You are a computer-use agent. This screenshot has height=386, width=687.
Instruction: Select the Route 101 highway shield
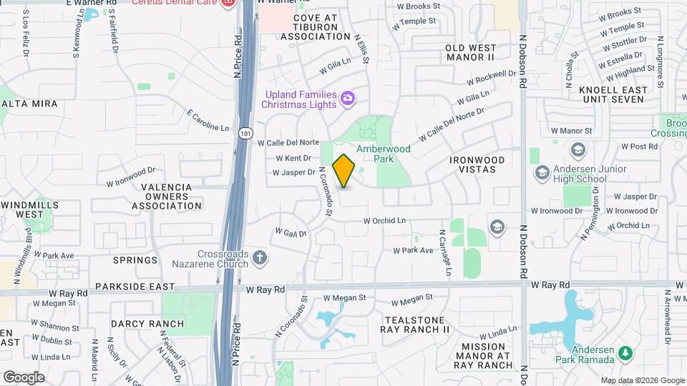point(245,133)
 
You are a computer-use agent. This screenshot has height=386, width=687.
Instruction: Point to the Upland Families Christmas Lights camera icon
point(349,98)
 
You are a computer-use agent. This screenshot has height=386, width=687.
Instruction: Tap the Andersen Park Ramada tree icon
point(625,352)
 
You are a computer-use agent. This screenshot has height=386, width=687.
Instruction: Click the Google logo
point(24,377)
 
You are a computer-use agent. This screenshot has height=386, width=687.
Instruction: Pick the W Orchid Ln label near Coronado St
point(384,221)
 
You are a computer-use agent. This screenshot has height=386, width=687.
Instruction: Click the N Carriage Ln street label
point(445,252)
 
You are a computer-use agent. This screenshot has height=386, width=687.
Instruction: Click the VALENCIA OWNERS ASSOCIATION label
point(167,197)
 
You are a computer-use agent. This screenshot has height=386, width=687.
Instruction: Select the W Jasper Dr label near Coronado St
point(293,172)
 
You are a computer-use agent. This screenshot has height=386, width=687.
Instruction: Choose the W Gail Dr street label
point(291,233)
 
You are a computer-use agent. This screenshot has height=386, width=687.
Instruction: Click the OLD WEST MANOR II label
point(470,52)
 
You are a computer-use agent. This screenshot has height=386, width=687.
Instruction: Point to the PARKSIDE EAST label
point(135,287)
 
